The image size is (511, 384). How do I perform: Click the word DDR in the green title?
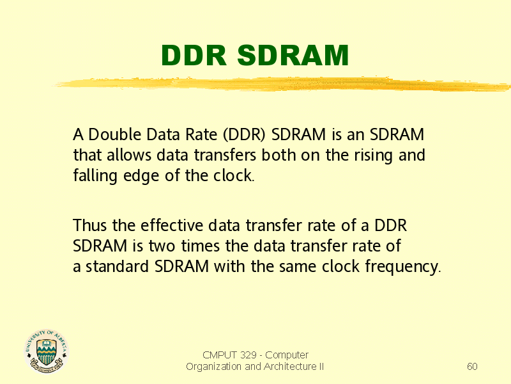pos(194,55)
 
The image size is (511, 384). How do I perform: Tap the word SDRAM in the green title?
pos(293,55)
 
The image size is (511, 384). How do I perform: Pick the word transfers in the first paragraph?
pos(225,155)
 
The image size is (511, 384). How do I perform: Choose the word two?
pos(162,246)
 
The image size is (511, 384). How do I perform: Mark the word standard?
pos(118,266)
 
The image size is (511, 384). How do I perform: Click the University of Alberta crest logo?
pos(47,351)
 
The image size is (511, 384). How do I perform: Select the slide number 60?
pos(472,366)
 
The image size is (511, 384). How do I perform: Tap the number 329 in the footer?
pos(248,355)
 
